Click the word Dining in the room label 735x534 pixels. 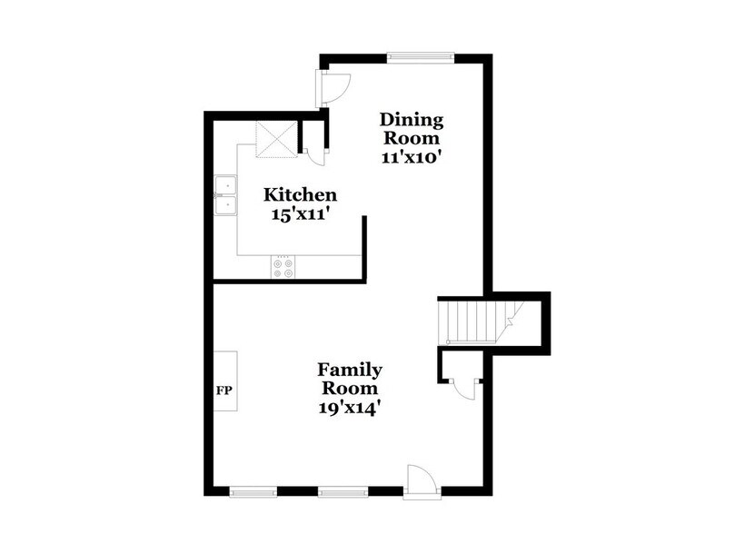(x=411, y=120)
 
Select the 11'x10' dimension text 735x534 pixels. (x=411, y=155)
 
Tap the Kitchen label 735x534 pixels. (x=300, y=195)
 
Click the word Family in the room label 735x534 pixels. (x=349, y=370)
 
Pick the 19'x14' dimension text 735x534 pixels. (x=349, y=407)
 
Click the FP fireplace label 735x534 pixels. (x=223, y=391)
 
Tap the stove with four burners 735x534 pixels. (x=283, y=267)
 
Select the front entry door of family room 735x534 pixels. (x=422, y=480)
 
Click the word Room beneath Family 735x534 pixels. (x=349, y=389)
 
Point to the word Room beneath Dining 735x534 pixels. (x=411, y=138)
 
